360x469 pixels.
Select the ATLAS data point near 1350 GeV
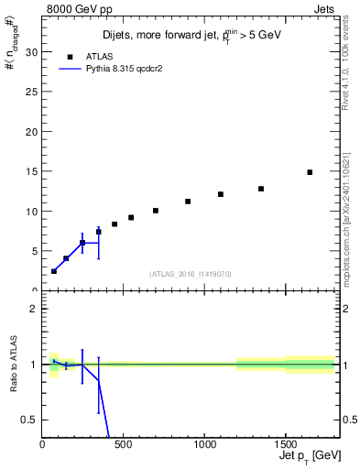tap(261, 189)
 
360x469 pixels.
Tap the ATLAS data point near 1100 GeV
tap(221, 194)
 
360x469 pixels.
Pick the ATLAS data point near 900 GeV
tap(188, 202)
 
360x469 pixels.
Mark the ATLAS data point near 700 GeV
tap(156, 211)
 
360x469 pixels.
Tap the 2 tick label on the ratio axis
tap(33, 309)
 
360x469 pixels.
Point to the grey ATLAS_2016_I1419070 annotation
tap(191, 273)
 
